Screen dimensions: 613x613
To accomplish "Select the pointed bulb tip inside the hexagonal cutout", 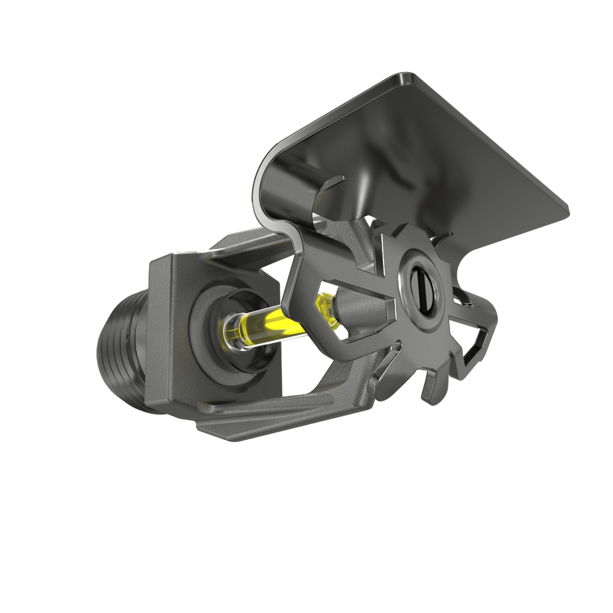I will point(323,305).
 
